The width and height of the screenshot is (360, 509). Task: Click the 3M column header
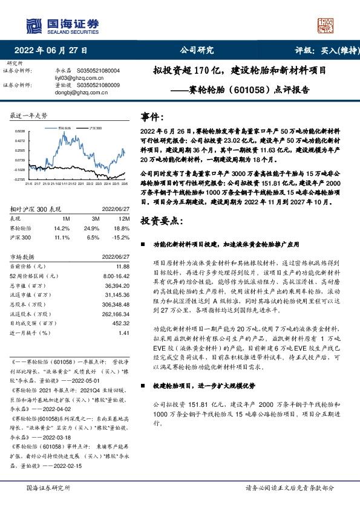click(x=95, y=217)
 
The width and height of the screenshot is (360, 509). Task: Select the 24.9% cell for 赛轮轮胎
click(x=93, y=229)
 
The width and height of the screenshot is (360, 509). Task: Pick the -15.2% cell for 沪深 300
click(x=120, y=238)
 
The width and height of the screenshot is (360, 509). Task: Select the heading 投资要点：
click(x=161, y=221)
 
